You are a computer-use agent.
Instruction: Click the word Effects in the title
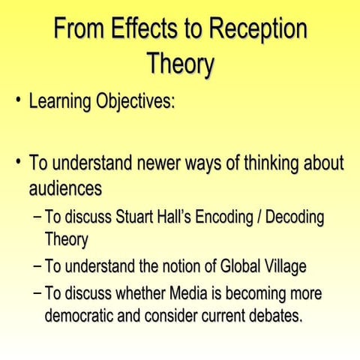138,29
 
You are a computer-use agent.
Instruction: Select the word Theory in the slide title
180,63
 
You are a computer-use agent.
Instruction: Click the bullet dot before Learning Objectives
15,100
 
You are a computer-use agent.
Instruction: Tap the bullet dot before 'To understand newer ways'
15,161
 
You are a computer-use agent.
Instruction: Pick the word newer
145,162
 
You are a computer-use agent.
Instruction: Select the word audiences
65,185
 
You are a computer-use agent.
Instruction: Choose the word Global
240,266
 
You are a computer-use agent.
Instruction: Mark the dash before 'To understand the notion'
37,266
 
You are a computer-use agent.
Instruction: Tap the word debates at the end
275,315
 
